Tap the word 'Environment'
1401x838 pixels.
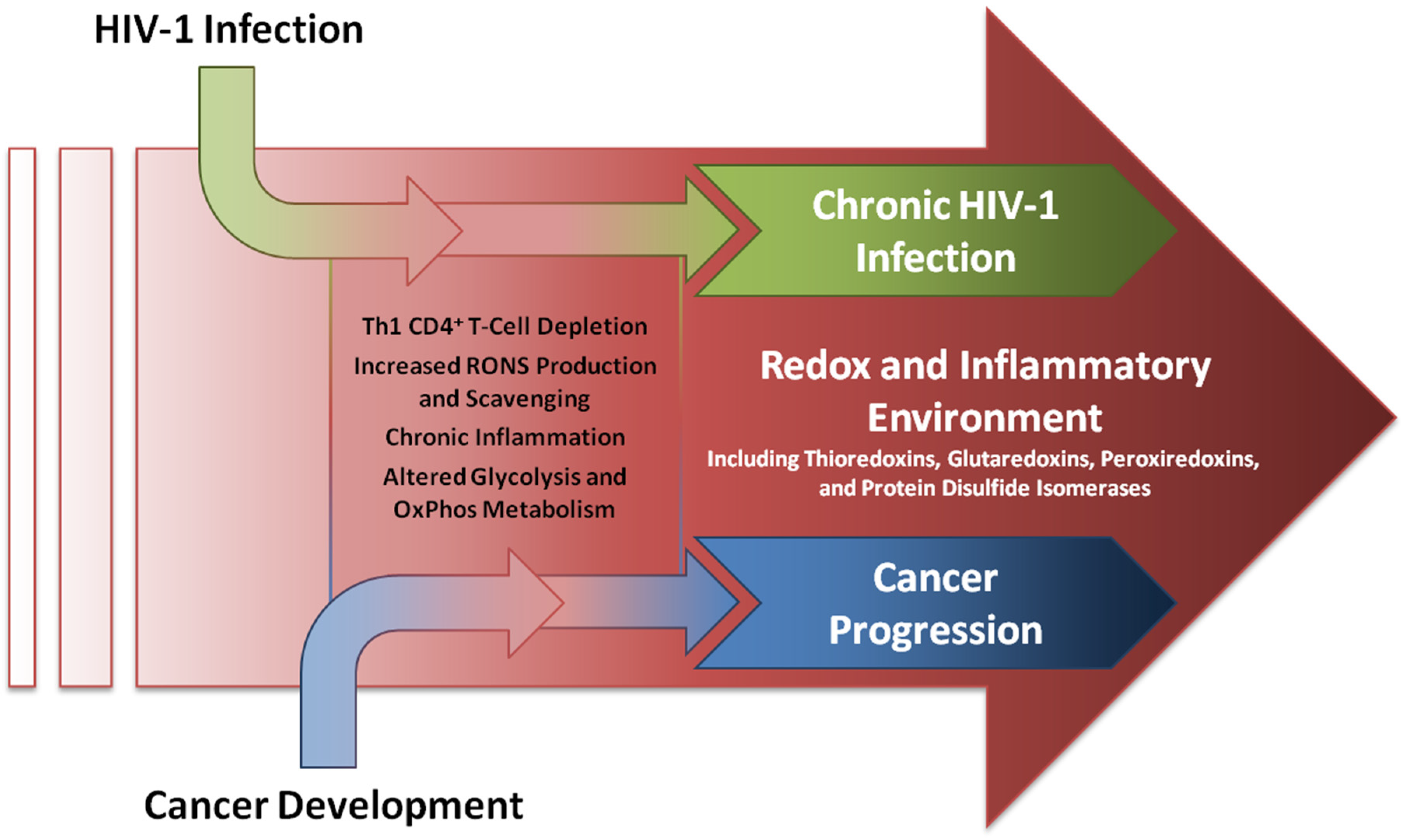[x=984, y=419]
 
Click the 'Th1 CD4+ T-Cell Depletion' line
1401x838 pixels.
[x=504, y=326]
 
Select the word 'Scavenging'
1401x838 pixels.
[x=528, y=399]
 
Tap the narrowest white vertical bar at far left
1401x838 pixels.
[x=22, y=417]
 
